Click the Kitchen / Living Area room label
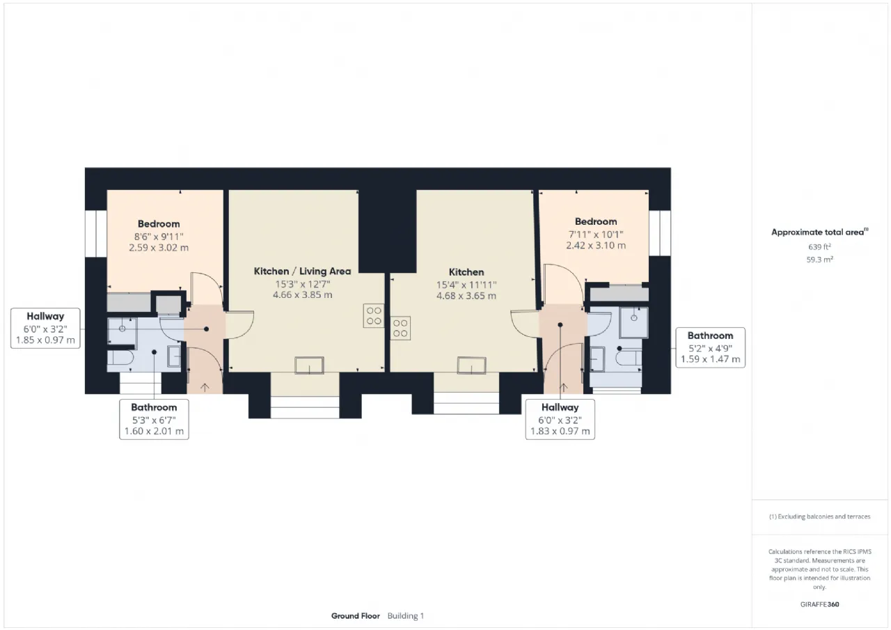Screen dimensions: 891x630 coord(302,271)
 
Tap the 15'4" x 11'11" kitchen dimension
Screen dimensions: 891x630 coord(466,285)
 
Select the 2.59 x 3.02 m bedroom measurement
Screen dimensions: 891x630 coord(159,247)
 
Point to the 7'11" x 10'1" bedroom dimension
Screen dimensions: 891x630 coord(596,235)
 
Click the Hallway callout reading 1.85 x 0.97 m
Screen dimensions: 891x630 coord(45,328)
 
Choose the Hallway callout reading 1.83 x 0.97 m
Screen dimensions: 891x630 coord(560,419)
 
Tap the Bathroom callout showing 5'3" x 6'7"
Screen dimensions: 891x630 coord(154,419)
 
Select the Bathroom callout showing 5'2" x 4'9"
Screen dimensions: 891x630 coord(710,347)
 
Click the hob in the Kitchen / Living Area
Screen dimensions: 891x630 coord(374,316)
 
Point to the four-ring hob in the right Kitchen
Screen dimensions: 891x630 coord(400,328)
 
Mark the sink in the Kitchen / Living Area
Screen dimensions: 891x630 coord(309,365)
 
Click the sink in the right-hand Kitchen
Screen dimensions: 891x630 coord(471,365)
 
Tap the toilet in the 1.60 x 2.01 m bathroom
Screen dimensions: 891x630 coord(121,358)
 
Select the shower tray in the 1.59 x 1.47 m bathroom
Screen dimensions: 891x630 coord(633,322)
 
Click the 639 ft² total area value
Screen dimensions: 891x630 coord(819,247)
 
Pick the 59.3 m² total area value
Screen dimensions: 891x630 coord(819,260)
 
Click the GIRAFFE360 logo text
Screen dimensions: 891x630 coord(819,604)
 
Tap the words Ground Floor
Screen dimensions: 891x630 coord(355,615)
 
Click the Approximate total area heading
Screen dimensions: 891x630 coord(819,232)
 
